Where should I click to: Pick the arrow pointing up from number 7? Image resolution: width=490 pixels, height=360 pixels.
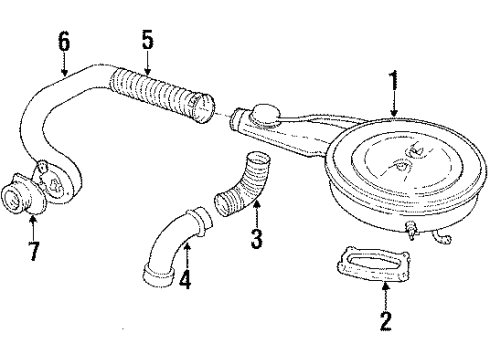tap(34, 214)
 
